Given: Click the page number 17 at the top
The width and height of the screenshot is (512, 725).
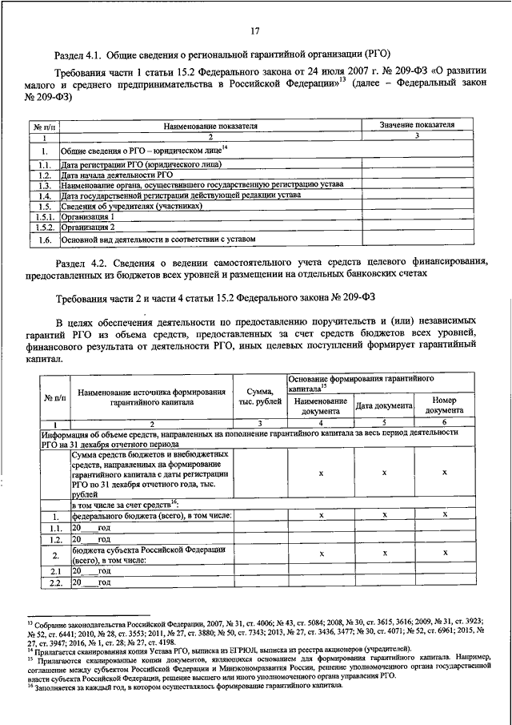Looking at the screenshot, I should coord(255,31).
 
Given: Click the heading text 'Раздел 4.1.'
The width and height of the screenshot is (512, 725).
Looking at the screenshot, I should coord(78,54).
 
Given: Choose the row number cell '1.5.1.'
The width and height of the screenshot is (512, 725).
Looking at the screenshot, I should coord(46,216).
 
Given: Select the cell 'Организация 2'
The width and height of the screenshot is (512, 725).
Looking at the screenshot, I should coord(88,227).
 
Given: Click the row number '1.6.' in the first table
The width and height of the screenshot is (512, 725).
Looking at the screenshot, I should coord(46,239).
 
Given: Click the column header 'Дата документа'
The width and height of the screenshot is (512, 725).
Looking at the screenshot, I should coord(384,406).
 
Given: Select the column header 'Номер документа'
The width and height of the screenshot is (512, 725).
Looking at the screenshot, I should coord(444,405).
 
